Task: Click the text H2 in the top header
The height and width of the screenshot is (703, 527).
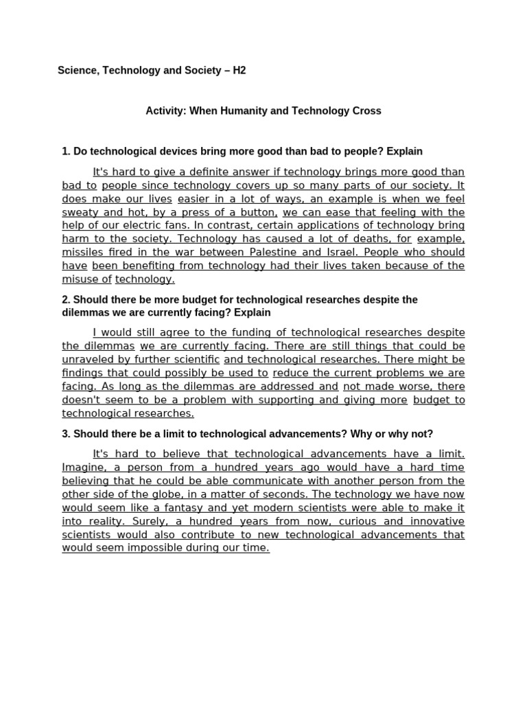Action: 239,71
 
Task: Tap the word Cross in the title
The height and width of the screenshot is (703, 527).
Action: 368,111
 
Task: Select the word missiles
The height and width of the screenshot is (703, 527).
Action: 82,252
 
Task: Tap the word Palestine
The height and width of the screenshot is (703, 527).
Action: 274,252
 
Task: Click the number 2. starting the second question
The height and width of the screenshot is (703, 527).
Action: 66,300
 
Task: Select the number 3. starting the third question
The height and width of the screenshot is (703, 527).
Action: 66,434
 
